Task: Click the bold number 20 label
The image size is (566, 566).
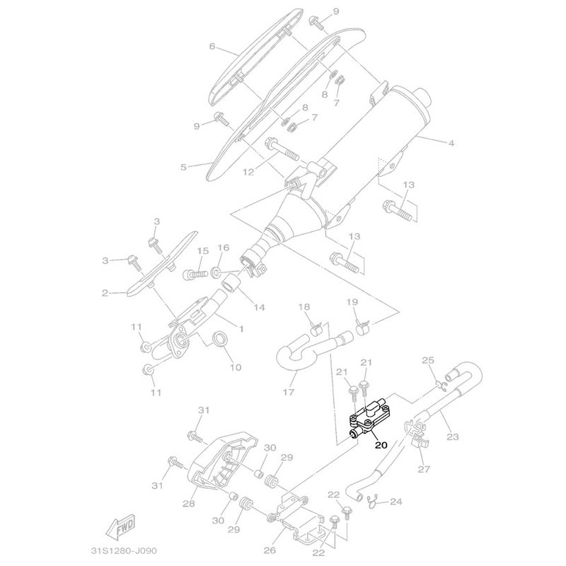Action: pyautogui.click(x=381, y=446)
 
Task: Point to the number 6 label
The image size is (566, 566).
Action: pyautogui.click(x=212, y=47)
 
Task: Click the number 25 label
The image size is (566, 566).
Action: pyautogui.click(x=427, y=361)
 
